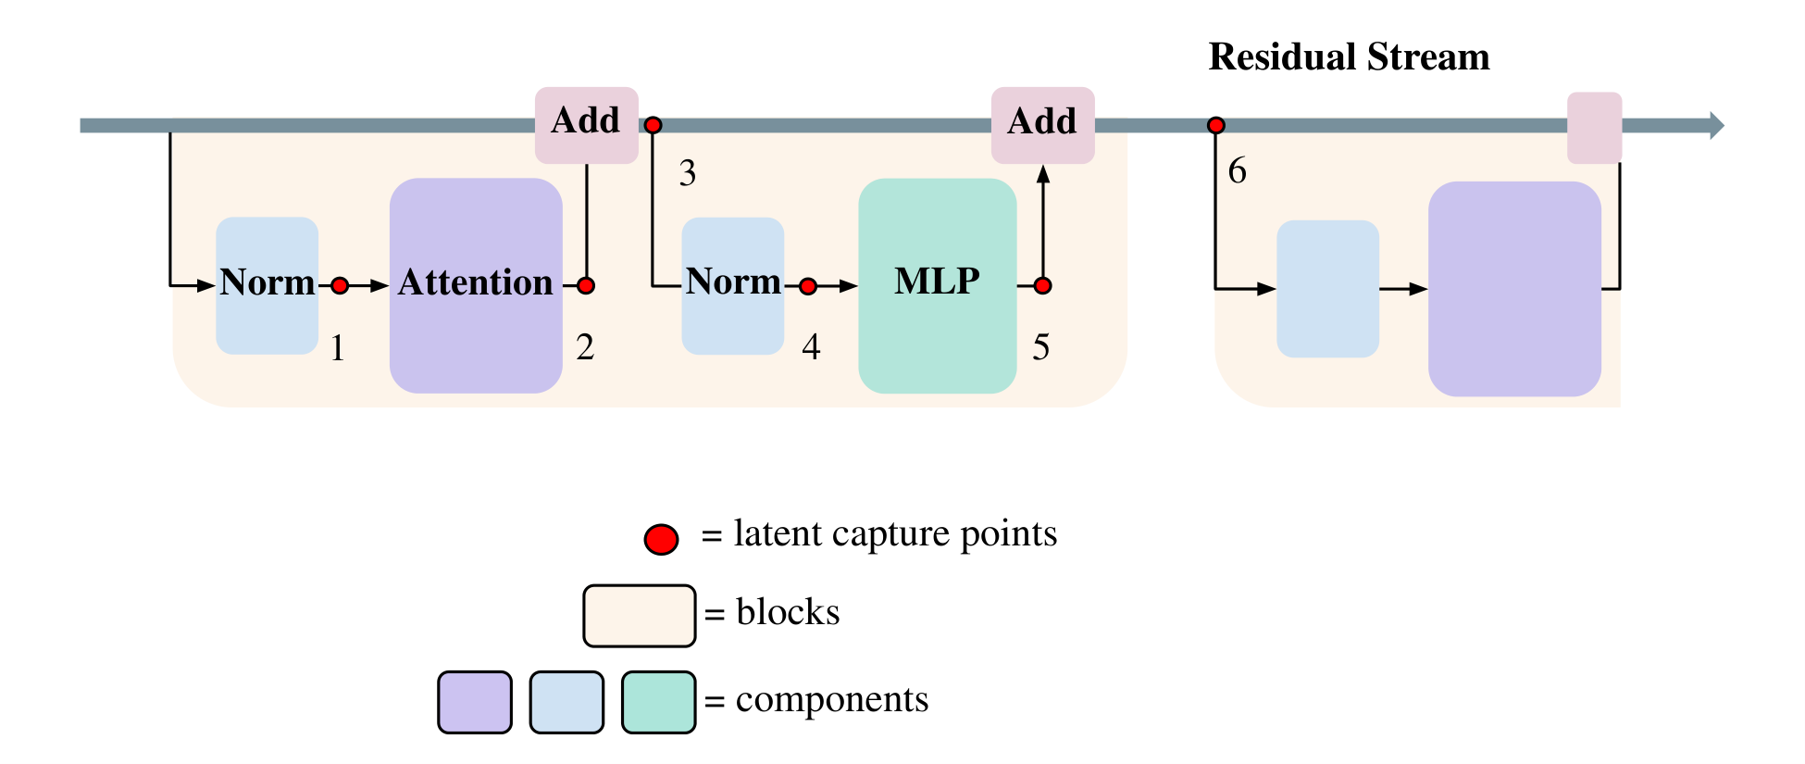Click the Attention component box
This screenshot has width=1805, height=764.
(476, 285)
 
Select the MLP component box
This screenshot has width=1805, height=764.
(937, 285)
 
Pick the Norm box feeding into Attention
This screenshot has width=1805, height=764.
(267, 285)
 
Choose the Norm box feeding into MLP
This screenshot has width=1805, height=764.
(732, 285)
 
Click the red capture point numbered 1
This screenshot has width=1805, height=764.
(340, 285)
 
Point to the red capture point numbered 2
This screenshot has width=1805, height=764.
(586, 285)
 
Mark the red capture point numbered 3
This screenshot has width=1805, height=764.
(654, 125)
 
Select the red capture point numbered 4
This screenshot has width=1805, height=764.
(808, 286)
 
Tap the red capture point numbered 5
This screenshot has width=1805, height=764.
(1042, 285)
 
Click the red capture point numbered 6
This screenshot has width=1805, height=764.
(1216, 125)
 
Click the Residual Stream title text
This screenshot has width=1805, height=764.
(1349, 57)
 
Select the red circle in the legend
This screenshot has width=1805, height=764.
(661, 539)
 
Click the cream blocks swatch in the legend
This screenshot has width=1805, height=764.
(639, 615)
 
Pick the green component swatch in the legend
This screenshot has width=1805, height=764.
(658, 702)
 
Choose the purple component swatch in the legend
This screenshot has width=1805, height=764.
(475, 702)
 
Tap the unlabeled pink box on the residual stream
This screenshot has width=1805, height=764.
(1594, 128)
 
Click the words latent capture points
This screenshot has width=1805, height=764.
(894, 534)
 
